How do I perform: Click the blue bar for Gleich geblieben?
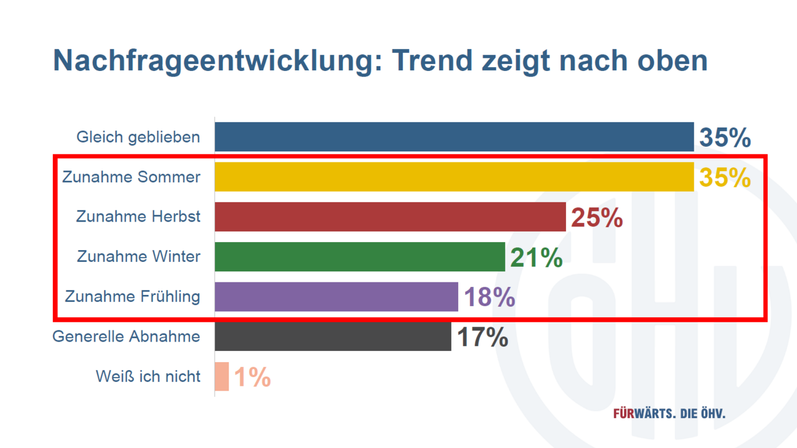[454, 137]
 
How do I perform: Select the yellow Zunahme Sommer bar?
[454, 177]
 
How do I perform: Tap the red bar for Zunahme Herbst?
[390, 217]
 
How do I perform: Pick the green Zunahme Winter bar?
[359, 256]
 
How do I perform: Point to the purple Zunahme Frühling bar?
[336, 296]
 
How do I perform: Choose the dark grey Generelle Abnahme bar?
[332, 337]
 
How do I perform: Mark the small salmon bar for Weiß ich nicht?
[222, 376]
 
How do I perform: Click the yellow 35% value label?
[725, 177]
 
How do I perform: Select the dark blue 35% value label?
[725, 138]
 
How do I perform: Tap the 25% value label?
[597, 218]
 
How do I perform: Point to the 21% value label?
[536, 258]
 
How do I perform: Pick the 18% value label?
[489, 297]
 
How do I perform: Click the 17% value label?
[483, 337]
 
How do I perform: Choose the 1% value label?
[252, 377]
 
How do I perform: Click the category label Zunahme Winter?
[139, 256]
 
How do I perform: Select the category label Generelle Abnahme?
[126, 337]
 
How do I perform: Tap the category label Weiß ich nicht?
[148, 376]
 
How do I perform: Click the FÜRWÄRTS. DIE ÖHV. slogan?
[669, 414]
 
